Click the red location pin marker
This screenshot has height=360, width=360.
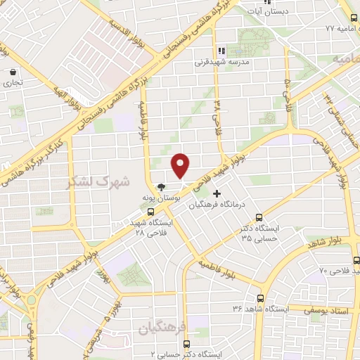[181, 165]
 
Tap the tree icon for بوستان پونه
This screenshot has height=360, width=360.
[162, 188]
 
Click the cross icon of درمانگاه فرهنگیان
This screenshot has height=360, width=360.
[217, 193]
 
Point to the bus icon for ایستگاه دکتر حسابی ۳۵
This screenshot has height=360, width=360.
[259, 217]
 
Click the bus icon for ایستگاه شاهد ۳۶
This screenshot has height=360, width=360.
[261, 298]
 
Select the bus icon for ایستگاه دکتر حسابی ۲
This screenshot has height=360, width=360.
[186, 344]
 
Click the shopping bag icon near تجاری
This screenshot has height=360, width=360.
[14, 72]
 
